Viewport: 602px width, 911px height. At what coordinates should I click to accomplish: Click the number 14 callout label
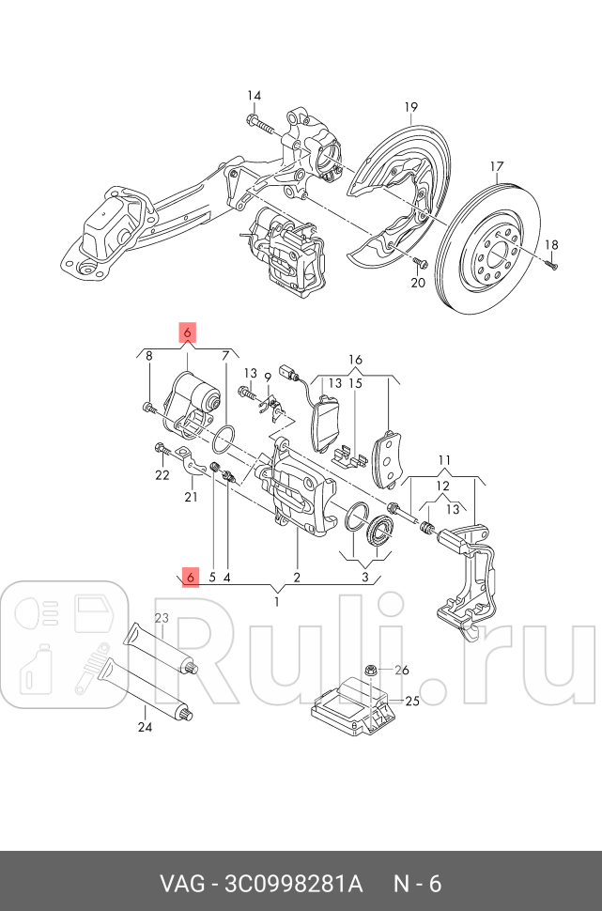[x=255, y=95]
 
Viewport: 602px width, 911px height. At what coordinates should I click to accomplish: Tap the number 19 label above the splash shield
[x=410, y=107]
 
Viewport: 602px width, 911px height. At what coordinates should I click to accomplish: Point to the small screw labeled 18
[x=552, y=265]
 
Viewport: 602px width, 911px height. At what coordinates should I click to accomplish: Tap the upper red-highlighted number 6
[x=188, y=332]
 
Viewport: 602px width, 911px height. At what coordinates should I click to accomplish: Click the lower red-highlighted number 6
[x=191, y=578]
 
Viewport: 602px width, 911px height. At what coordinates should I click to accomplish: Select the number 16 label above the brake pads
[x=355, y=360]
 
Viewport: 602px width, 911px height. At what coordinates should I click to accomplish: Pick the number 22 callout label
[x=162, y=475]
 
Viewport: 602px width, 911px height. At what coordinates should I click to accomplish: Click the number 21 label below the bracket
[x=191, y=497]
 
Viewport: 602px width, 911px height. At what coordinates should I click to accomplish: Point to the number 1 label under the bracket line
[x=277, y=601]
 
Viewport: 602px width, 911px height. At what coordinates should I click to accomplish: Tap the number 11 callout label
[x=444, y=461]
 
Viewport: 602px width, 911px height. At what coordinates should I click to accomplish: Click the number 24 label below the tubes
[x=144, y=726]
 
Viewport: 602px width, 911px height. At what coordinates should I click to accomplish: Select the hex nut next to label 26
[x=371, y=670]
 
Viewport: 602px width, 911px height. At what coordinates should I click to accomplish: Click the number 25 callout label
[x=410, y=701]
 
